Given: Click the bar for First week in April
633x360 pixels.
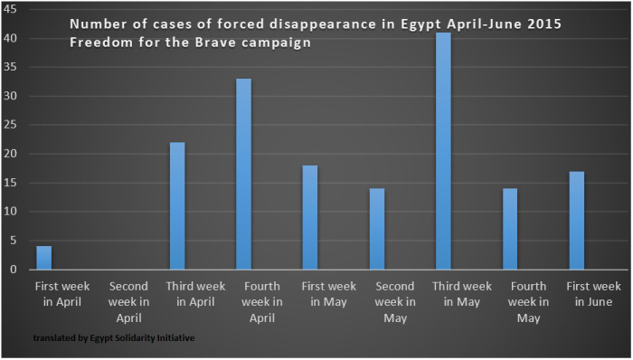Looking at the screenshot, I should [x=43, y=258].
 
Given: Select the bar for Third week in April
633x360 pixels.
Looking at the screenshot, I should [x=176, y=206].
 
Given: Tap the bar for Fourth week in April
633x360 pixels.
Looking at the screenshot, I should [x=243, y=175].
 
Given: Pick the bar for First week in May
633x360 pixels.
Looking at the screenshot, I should [x=310, y=218].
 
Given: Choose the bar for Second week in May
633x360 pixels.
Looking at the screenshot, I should [x=376, y=230].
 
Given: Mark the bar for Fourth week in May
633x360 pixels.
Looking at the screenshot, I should [x=509, y=230].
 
